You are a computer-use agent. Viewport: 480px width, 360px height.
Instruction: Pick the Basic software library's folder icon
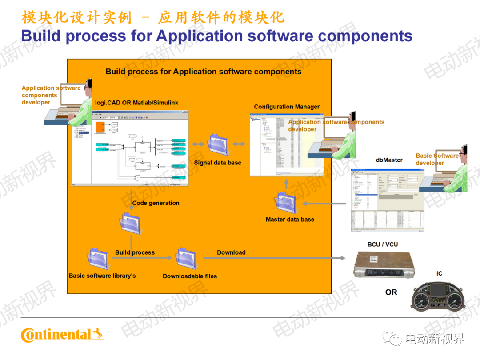[x=97, y=259]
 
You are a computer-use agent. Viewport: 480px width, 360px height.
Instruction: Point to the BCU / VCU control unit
[x=384, y=265]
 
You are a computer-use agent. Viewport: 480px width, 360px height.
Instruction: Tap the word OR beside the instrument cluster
[x=391, y=292]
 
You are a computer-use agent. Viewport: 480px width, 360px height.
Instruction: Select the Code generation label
[x=156, y=203]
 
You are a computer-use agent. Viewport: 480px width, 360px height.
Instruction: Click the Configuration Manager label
[x=287, y=107]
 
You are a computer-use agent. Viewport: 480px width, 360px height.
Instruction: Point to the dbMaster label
[x=389, y=160]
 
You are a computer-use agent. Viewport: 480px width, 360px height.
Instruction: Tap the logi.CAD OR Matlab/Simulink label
[x=136, y=103]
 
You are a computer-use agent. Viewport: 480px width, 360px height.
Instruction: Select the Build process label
[x=135, y=252]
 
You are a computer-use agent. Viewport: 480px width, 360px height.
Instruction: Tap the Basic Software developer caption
[x=437, y=159]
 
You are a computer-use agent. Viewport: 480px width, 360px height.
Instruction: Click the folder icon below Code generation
[x=131, y=224]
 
